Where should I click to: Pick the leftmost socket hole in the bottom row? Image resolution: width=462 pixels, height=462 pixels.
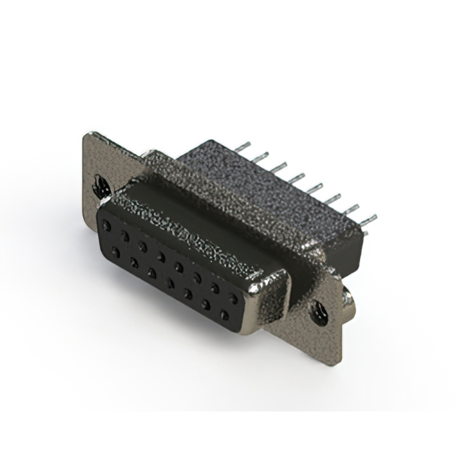pos(115,252)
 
